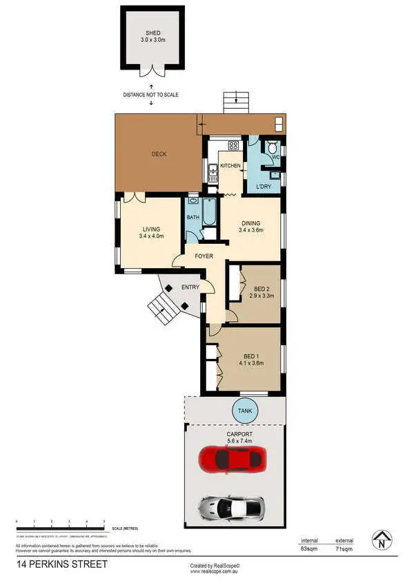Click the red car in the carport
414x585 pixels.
click(x=232, y=457)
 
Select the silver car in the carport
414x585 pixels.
click(x=232, y=508)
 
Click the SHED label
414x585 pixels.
click(x=152, y=33)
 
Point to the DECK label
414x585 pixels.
click(x=159, y=154)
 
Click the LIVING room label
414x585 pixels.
click(x=151, y=229)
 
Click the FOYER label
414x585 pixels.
click(x=203, y=257)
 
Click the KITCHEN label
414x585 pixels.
click(x=230, y=166)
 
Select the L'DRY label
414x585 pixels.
click(x=263, y=187)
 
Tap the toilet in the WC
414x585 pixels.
click(x=273, y=147)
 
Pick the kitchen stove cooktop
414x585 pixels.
click(x=233, y=145)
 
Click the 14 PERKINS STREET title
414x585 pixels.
click(x=62, y=564)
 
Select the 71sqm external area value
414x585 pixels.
click(x=344, y=549)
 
